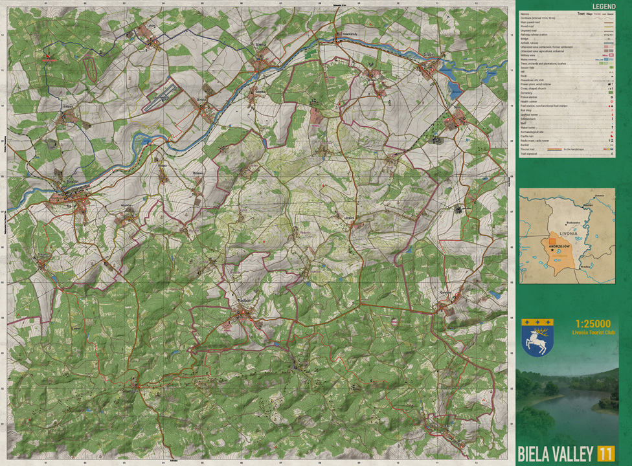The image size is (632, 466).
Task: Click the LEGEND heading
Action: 604,6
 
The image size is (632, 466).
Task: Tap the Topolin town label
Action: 73,184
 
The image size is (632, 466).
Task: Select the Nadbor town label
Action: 243,300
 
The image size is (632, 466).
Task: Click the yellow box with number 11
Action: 606,453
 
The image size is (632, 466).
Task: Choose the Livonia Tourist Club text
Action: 592,333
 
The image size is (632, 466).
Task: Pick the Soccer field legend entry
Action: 530,68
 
